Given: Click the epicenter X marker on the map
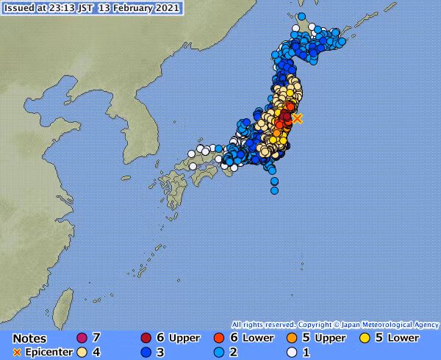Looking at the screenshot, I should (x=297, y=118).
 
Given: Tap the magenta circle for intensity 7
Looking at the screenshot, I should (x=82, y=338).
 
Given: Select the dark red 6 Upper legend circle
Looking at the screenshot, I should (x=147, y=338).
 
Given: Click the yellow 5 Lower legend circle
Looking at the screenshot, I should (x=365, y=338).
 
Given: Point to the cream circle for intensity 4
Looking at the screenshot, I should (x=82, y=353).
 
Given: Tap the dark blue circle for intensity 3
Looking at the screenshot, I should (x=147, y=353).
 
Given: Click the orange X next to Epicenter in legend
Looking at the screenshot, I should (x=16, y=353).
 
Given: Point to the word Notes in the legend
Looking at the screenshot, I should (x=29, y=339).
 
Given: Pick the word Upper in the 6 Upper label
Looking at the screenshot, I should (x=184, y=338).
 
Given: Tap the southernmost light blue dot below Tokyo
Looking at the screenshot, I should (x=274, y=190).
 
